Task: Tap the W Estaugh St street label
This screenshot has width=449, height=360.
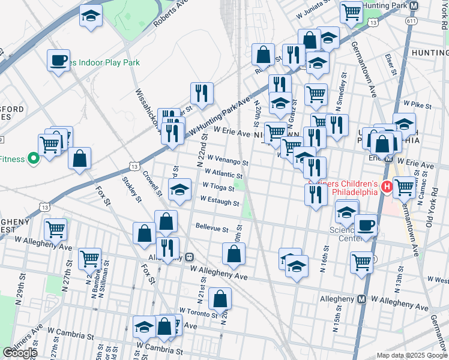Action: [220, 200]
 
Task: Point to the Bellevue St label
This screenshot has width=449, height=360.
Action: [212, 229]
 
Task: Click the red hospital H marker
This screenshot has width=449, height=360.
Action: [387, 188]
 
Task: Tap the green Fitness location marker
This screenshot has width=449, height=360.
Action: [34, 159]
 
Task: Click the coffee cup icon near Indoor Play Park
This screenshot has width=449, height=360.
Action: [59, 60]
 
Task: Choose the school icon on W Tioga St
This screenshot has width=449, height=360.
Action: [179, 190]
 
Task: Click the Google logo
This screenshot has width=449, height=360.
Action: [20, 353]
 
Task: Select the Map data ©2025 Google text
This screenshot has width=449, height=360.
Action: [412, 355]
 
